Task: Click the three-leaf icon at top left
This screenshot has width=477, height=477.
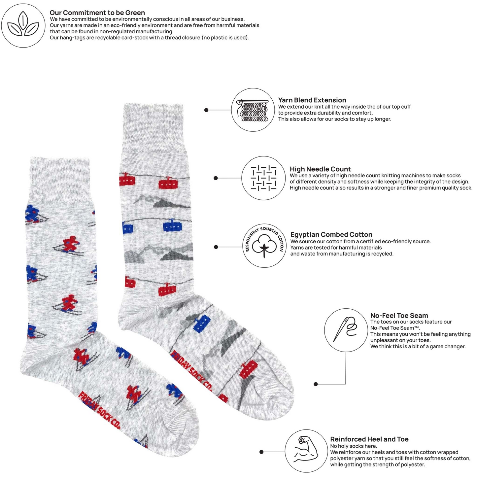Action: [23, 25]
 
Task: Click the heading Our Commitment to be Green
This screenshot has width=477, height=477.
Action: [97, 13]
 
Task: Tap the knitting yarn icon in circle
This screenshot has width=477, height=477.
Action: [253, 110]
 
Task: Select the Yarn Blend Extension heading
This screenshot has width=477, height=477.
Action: [312, 100]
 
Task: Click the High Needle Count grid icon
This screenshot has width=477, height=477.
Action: [263, 178]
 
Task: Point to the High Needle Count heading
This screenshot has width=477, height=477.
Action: [320, 169]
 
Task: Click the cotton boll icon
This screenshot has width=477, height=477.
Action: [264, 246]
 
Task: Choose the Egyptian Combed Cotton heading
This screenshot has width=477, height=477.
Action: [331, 234]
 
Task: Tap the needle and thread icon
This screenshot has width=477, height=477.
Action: [346, 330]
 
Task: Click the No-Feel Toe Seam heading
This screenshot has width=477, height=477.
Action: [399, 315]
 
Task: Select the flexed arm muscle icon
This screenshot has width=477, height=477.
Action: [306, 451]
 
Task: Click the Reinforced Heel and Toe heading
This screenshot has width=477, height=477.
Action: [369, 439]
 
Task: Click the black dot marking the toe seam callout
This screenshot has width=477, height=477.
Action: [316, 384]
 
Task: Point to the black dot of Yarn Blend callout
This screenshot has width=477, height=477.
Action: [206, 110]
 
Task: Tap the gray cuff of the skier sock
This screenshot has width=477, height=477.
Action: [60, 179]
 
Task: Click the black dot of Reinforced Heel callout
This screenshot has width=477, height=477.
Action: [261, 452]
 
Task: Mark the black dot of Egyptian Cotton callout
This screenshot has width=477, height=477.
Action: [216, 247]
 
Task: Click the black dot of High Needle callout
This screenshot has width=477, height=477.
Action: [216, 178]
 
